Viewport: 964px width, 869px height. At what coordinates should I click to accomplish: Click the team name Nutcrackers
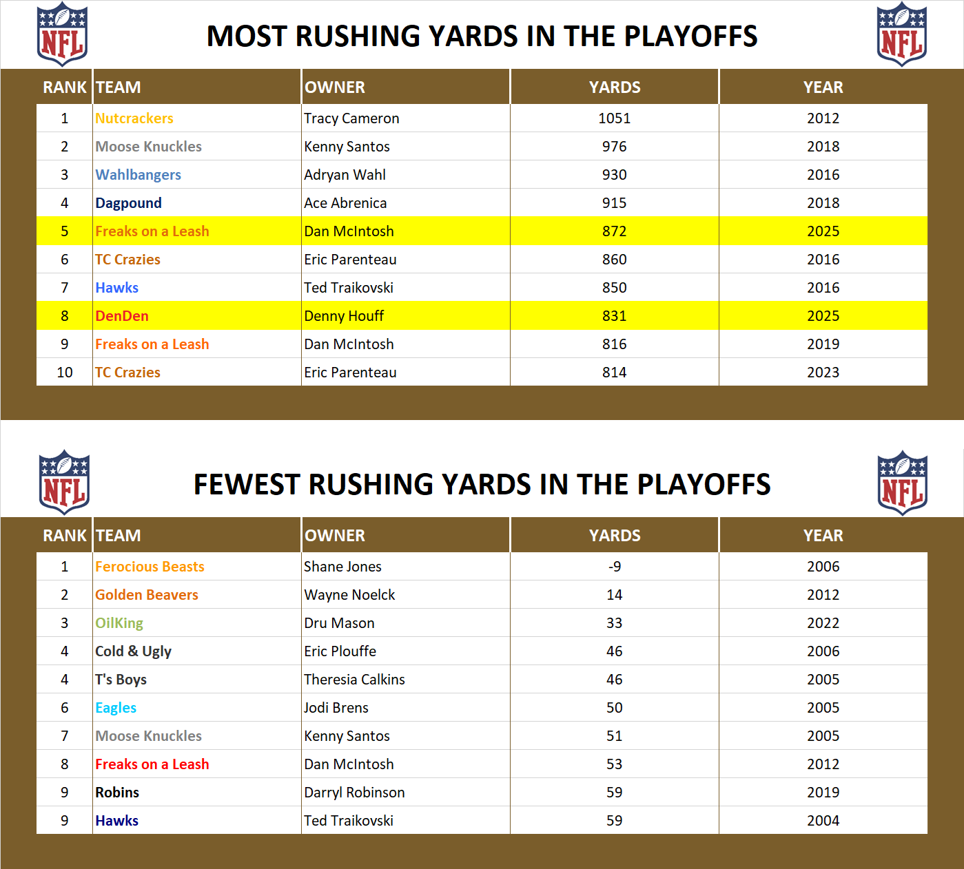click(134, 118)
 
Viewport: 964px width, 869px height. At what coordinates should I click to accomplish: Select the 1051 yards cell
click(614, 118)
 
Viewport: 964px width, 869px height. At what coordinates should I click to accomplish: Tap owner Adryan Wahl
click(345, 175)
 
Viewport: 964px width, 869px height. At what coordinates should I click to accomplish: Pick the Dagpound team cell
click(129, 203)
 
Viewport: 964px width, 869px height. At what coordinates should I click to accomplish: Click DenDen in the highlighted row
click(122, 316)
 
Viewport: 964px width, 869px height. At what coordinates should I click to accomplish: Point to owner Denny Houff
click(344, 316)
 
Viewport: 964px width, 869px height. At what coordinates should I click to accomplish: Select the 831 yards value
click(614, 316)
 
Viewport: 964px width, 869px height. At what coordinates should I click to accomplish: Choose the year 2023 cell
click(823, 373)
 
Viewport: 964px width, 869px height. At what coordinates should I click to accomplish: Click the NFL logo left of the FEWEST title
click(64, 482)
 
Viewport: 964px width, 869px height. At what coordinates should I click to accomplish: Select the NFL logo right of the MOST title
click(901, 34)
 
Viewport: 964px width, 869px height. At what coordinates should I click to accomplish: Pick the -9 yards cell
click(614, 567)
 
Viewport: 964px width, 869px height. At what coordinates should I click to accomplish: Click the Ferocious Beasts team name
click(150, 567)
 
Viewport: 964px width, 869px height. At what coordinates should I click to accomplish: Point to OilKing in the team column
click(119, 623)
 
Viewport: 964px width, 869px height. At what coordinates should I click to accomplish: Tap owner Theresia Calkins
click(354, 680)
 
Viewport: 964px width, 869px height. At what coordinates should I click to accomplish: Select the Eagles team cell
click(116, 708)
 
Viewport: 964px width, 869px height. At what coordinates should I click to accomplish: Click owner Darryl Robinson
click(354, 793)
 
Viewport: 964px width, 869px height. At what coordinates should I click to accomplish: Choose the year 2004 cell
click(823, 821)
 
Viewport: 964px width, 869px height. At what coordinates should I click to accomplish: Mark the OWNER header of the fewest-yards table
click(335, 536)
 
